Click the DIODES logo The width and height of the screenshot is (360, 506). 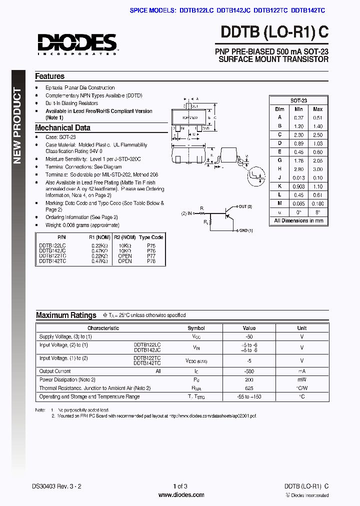pyautogui.click(x=77, y=43)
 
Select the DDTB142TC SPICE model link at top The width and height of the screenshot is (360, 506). pyautogui.click(x=307, y=10)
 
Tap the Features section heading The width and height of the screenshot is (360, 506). pyautogui.click(x=49, y=76)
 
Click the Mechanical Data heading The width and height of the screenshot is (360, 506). pyautogui.click(x=62, y=128)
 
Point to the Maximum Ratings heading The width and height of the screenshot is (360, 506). pyautogui.click(x=66, y=315)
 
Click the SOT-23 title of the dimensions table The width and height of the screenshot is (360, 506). pyautogui.click(x=298, y=100)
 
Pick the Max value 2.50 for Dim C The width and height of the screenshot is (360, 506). pyautogui.click(x=317, y=135)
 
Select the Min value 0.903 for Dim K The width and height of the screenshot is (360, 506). pyautogui.click(x=298, y=186)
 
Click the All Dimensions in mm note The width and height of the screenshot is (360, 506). pyautogui.click(x=298, y=220)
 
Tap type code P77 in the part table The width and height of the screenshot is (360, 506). pyautogui.click(x=151, y=256)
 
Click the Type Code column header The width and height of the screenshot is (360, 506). pyautogui.click(x=151, y=237)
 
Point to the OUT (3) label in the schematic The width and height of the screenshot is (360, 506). pyautogui.click(x=245, y=206)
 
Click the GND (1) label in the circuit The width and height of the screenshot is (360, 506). pyautogui.click(x=245, y=230)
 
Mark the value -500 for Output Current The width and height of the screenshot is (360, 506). pyautogui.click(x=249, y=371)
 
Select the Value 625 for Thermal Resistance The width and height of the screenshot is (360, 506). pyautogui.click(x=249, y=388)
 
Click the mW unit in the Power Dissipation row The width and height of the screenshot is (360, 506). pyautogui.click(x=302, y=380)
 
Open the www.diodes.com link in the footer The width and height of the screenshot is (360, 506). pyautogui.click(x=181, y=495)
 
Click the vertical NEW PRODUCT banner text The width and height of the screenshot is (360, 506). pyautogui.click(x=17, y=126)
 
